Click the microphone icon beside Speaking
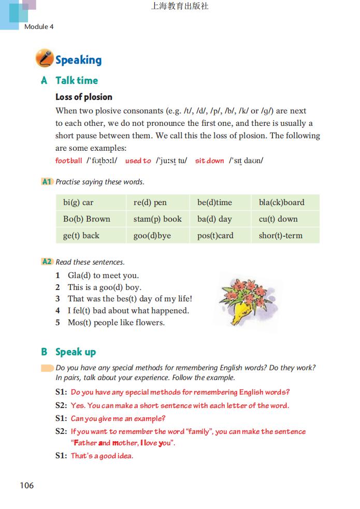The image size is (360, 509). pyautogui.click(x=45, y=59)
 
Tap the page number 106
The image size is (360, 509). pyautogui.click(x=27, y=485)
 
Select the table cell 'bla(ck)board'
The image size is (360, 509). pyautogui.click(x=281, y=202)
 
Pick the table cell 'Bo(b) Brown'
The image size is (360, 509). pyautogui.click(x=87, y=219)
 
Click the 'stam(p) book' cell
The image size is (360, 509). pyautogui.click(x=157, y=219)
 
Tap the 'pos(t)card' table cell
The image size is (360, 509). pyautogui.click(x=215, y=236)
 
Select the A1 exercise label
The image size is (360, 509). pyautogui.click(x=47, y=182)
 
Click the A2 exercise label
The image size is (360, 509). pyautogui.click(x=47, y=262)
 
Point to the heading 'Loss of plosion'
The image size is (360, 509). pyautogui.click(x=84, y=97)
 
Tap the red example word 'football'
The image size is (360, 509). pyautogui.click(x=69, y=161)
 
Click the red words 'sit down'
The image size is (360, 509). pyautogui.click(x=209, y=161)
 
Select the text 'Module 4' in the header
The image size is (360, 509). pyautogui.click(x=39, y=26)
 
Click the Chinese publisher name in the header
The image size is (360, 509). pyautogui.click(x=180, y=7)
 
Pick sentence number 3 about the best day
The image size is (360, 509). pyautogui.click(x=129, y=299)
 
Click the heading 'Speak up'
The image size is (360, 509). pyautogui.click(x=76, y=352)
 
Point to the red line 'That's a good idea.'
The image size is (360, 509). pyautogui.click(x=102, y=456)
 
